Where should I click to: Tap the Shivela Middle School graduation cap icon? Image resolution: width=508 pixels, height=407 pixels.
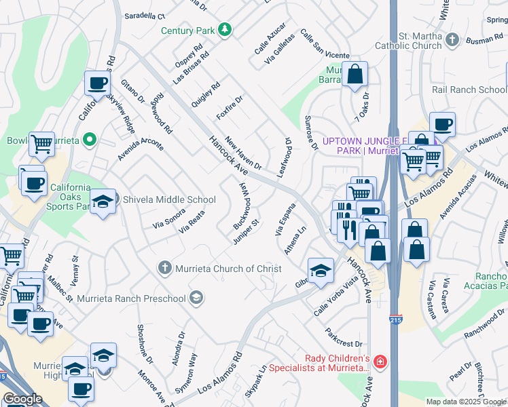tap(103, 201)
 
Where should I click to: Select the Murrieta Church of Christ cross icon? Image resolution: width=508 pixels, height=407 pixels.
tap(164, 269)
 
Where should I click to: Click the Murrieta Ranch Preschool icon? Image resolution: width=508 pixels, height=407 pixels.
tap(196, 298)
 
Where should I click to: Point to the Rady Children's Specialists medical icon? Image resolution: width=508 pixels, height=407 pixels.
tap(380, 363)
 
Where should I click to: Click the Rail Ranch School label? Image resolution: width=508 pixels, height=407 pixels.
tap(469, 90)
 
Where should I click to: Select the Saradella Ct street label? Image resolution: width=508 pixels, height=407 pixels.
tap(145, 16)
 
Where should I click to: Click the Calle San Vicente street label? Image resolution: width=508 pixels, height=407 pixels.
tap(325, 45)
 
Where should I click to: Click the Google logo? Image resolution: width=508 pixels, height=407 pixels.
tap(22, 399)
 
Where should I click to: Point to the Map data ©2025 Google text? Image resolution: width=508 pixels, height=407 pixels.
tap(465, 402)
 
